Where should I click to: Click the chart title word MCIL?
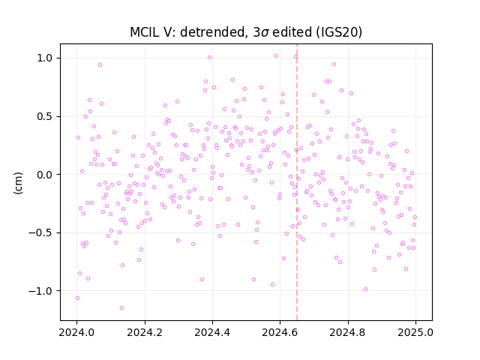tap(143, 32)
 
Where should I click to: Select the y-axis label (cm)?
tap(18, 183)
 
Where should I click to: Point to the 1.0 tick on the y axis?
tap(45, 58)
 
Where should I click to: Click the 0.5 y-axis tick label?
tap(45, 117)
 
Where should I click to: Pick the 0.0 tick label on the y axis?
tap(45, 175)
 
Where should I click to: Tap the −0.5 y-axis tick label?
tap(40, 233)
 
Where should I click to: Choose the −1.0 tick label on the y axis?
tap(40, 291)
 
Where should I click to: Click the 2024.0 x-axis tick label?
tap(76, 332)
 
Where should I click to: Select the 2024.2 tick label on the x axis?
tap(145, 332)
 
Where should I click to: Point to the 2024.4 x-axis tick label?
tap(212, 332)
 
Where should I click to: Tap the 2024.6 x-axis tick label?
tap(280, 332)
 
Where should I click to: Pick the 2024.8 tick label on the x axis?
tap(348, 332)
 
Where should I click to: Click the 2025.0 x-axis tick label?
tap(415, 332)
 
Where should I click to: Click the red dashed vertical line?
tap(297, 182)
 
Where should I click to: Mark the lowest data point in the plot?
tap(121, 307)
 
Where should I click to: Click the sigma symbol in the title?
tap(265, 33)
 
